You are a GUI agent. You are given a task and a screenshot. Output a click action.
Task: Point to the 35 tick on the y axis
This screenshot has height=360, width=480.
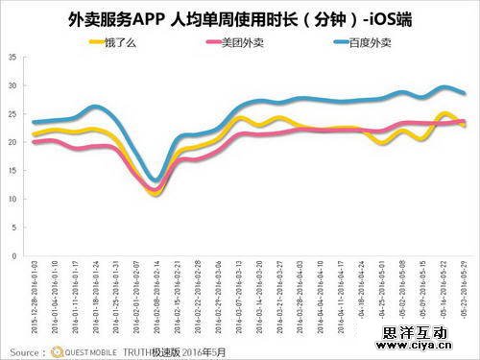12,57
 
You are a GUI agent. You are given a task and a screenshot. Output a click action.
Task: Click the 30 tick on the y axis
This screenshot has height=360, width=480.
12,85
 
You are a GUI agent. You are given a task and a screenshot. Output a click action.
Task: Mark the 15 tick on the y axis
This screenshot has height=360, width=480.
12,170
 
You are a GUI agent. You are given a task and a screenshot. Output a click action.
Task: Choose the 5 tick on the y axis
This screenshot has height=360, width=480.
13,227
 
